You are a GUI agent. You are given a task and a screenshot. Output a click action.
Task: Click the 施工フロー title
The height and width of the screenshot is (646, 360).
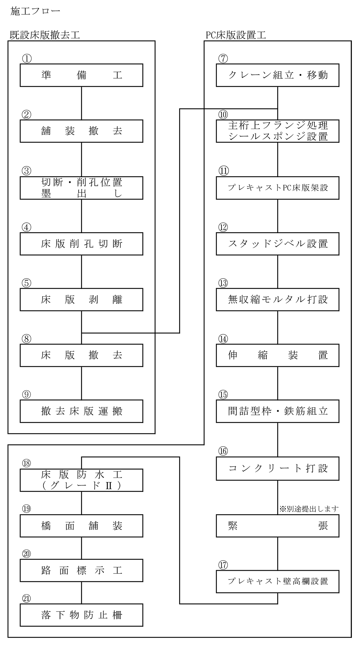click(x=35, y=11)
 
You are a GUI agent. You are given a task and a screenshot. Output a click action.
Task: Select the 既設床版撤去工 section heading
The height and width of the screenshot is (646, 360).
click(x=45, y=35)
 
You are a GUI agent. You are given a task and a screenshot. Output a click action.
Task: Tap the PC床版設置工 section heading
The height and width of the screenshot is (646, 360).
click(x=236, y=35)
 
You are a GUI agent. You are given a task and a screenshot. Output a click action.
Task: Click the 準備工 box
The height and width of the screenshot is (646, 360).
click(x=81, y=75)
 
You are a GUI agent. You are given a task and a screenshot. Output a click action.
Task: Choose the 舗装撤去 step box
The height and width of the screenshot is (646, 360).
click(x=81, y=131)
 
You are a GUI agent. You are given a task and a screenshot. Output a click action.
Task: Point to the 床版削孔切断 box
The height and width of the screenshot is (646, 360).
click(x=81, y=244)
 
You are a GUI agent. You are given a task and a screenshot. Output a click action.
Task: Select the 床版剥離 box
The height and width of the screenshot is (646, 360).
click(x=81, y=299)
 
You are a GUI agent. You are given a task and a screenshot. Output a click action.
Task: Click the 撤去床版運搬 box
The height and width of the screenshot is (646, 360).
click(x=81, y=411)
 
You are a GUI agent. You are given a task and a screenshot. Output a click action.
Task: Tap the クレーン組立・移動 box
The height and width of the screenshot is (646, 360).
click(x=277, y=75)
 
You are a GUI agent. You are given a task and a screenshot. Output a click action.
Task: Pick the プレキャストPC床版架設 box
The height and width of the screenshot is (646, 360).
click(x=277, y=188)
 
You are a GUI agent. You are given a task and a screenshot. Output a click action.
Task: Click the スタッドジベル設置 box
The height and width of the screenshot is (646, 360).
click(x=277, y=244)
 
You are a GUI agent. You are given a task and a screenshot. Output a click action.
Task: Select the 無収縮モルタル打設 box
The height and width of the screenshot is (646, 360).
click(x=277, y=299)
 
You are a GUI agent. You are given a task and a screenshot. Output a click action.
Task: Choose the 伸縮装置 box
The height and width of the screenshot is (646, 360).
click(x=277, y=355)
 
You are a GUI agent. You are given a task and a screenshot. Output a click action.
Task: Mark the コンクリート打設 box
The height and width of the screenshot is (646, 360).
click(x=277, y=468)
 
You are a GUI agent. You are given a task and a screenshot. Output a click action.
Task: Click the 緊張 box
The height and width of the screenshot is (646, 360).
click(x=277, y=526)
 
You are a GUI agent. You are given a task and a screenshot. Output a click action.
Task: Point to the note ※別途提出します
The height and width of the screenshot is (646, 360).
click(x=309, y=508)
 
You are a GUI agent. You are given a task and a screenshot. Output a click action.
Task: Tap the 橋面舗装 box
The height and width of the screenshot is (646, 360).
click(x=81, y=526)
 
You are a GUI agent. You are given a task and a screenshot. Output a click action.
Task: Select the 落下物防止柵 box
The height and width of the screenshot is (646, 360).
click(x=81, y=615)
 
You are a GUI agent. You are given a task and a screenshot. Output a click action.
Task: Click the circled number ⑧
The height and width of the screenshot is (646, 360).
click(x=26, y=339)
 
